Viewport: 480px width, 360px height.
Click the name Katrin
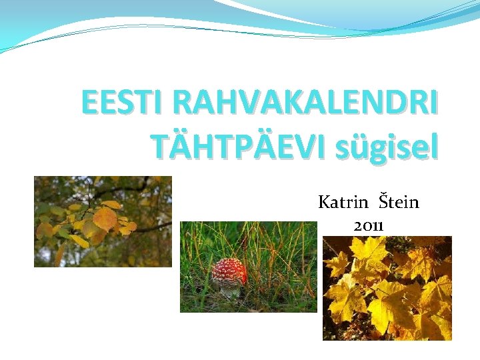(343, 201)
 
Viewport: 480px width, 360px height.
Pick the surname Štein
(399, 201)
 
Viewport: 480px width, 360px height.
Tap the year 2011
(368, 225)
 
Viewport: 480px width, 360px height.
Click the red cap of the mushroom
(229, 271)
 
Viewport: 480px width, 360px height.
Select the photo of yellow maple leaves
(387, 288)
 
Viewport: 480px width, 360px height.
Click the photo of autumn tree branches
(103, 221)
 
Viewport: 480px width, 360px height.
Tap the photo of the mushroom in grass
(248, 267)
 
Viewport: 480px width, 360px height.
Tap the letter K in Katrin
(325, 201)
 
